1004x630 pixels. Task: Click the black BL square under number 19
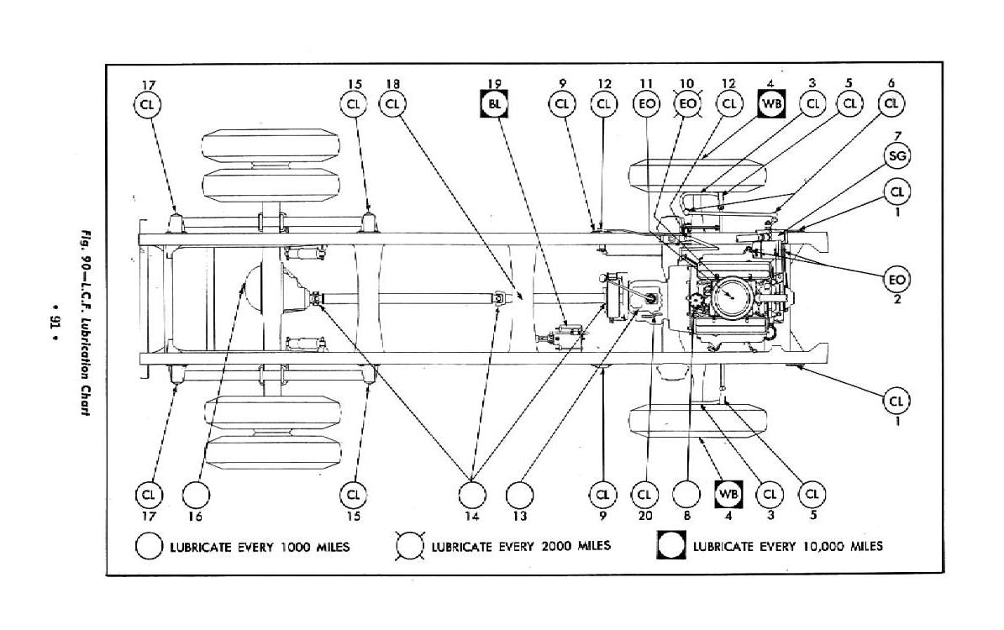(495, 104)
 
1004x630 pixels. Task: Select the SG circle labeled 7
(898, 155)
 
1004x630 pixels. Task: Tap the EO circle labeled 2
(897, 277)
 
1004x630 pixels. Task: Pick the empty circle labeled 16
(195, 493)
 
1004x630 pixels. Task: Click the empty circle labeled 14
(471, 493)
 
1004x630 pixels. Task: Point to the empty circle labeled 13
(520, 493)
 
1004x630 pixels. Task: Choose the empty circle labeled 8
(686, 493)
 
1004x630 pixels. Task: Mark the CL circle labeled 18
(392, 104)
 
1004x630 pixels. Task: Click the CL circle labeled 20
(645, 493)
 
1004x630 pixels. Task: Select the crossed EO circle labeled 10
(687, 104)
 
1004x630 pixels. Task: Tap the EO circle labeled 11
(645, 104)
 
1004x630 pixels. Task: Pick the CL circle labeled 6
(891, 104)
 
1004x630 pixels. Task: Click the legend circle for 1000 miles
(149, 547)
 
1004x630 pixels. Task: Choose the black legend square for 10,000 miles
(670, 547)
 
